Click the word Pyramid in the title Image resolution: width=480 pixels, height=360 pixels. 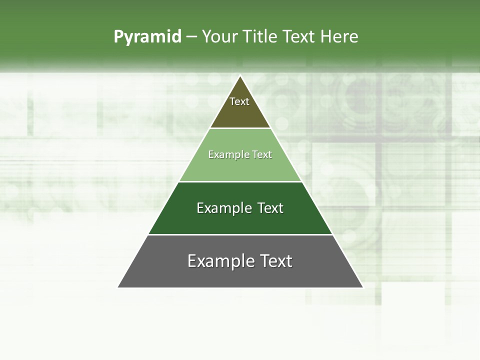point(147,37)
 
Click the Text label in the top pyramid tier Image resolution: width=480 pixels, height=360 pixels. point(239,101)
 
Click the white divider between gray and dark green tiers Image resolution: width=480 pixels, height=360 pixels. point(240,234)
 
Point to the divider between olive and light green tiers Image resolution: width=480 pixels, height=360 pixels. point(240,128)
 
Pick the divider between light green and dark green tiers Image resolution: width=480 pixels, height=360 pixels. point(240,181)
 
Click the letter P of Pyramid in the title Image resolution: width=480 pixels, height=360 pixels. point(118,36)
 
